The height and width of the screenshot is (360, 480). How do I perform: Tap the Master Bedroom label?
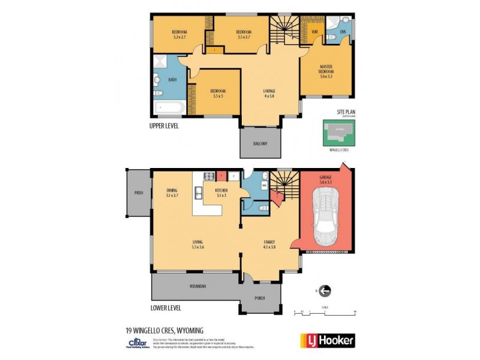pyautogui.click(x=326, y=71)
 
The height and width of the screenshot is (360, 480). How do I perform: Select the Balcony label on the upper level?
pyautogui.click(x=260, y=143)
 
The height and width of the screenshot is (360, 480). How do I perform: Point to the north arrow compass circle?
pyautogui.click(x=325, y=292)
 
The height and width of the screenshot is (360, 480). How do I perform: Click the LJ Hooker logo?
pyautogui.click(x=327, y=340)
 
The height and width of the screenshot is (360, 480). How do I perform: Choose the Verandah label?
pyautogui.click(x=197, y=286)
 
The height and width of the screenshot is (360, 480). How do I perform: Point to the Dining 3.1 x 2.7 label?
pyautogui.click(x=172, y=193)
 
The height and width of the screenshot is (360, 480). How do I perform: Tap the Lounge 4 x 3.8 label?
pyautogui.click(x=269, y=94)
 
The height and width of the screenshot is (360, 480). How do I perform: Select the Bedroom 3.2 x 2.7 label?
pyautogui.click(x=180, y=34)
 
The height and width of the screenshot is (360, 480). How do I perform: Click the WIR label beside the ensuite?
pyautogui.click(x=314, y=31)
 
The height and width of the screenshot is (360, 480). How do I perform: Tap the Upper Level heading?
pyautogui.click(x=164, y=126)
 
